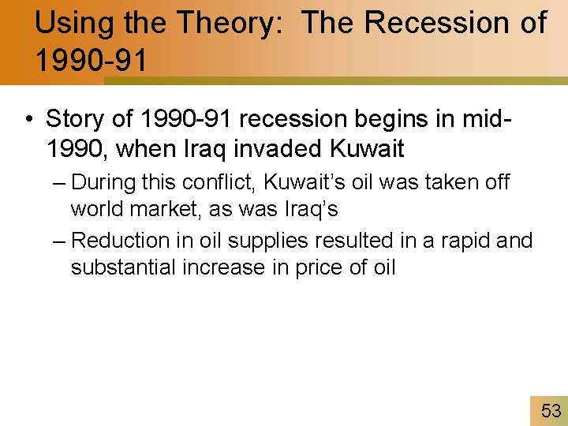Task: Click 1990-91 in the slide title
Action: [91, 61]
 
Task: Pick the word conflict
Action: [217, 183]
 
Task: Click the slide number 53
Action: [551, 410]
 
